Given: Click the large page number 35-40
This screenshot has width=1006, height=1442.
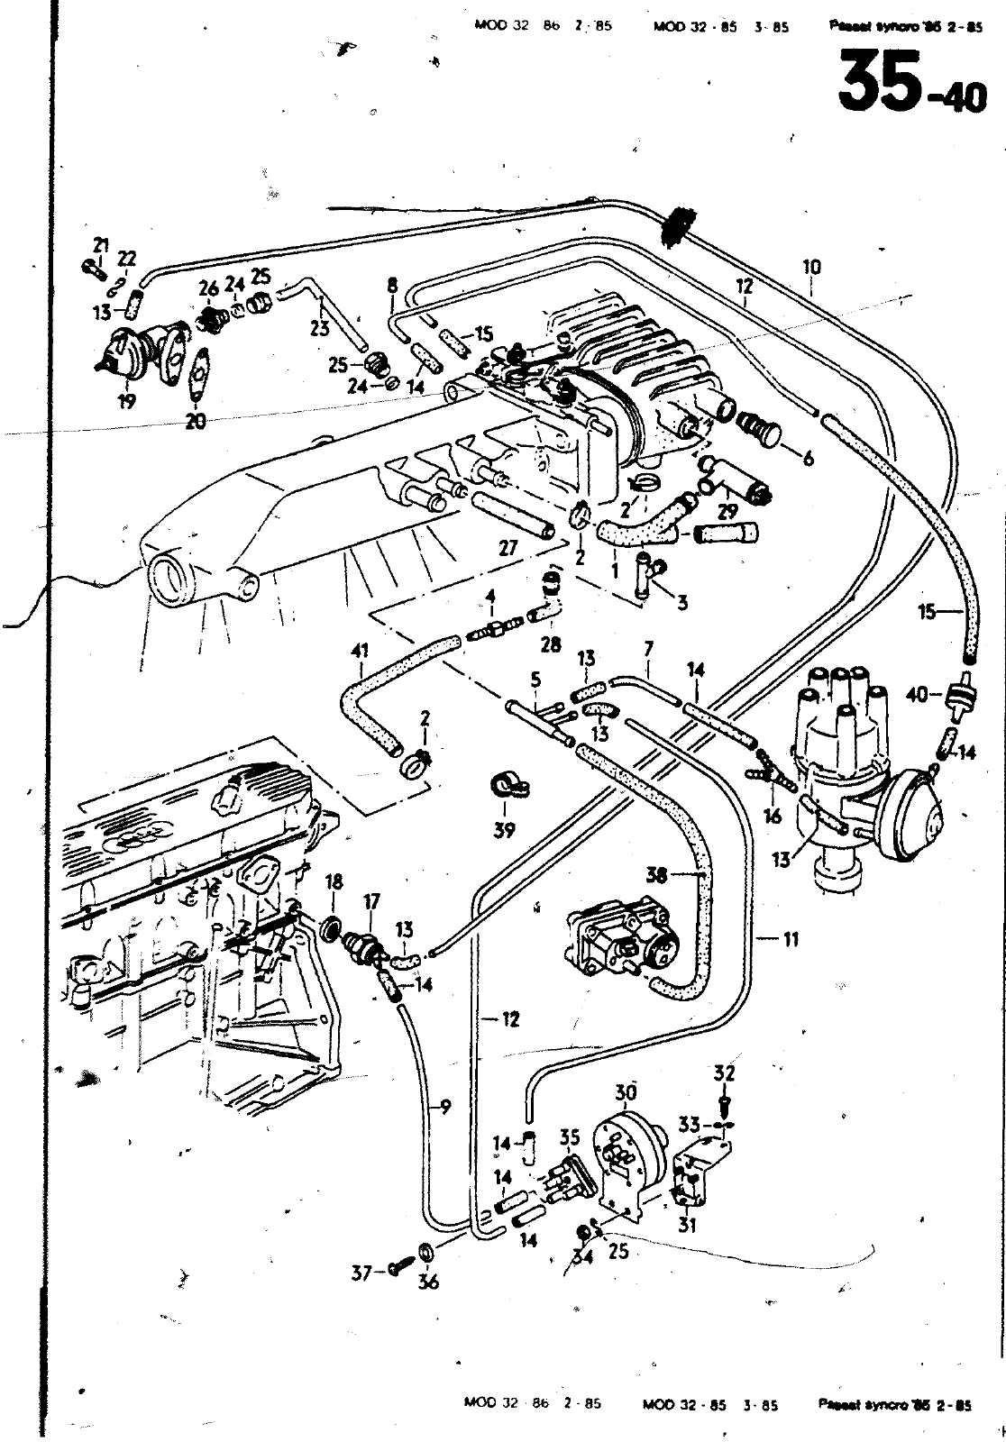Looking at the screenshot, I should pos(911,82).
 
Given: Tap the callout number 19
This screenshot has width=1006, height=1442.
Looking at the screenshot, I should pos(125,402).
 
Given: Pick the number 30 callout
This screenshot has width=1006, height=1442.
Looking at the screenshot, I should pos(626,1092).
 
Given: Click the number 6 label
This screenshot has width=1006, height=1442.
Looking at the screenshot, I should pos(807,459).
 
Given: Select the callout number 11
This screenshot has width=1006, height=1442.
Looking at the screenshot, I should pos(791,939).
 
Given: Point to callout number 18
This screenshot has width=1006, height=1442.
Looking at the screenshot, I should pos(334,881).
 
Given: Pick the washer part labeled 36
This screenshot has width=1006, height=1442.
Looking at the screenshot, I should pos(425,1254).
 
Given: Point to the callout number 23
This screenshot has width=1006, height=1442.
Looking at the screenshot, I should pos(319,330).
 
